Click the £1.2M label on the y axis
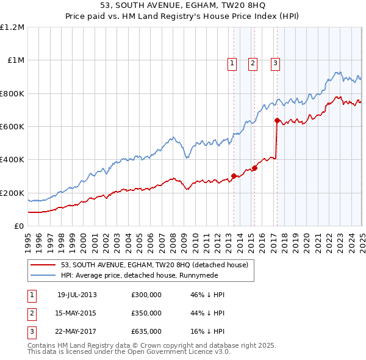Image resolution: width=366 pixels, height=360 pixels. (12, 27)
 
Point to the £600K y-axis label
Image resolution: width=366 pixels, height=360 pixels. (12, 127)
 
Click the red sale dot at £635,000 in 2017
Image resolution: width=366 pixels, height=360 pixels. (277, 121)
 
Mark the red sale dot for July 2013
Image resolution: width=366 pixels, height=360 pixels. (234, 176)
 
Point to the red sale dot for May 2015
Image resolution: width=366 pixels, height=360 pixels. (254, 168)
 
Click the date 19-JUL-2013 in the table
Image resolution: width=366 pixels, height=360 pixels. (77, 295)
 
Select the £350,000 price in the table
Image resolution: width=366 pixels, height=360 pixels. (146, 313)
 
